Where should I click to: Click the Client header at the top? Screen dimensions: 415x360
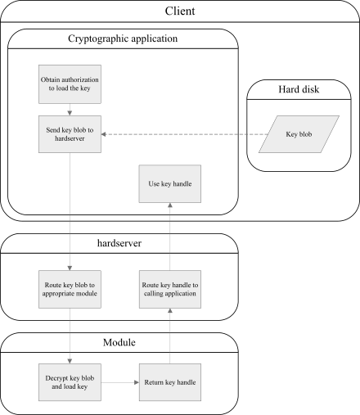pyautogui.click(x=179, y=11)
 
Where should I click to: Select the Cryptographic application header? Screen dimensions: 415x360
pyautogui.click(x=122, y=38)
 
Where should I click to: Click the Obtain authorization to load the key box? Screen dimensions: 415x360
pyautogui.click(x=70, y=84)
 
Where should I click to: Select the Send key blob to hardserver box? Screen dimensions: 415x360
pyautogui.click(x=70, y=133)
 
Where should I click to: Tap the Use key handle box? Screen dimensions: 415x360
pyautogui.click(x=170, y=184)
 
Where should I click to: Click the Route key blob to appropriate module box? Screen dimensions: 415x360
pyautogui.click(x=70, y=289)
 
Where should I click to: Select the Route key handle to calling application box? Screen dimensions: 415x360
pyautogui.click(x=170, y=289)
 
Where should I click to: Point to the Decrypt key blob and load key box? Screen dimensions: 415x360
pyautogui.click(x=70, y=382)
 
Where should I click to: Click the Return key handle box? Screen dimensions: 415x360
pyautogui.click(x=170, y=382)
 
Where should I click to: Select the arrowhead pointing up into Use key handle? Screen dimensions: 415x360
pyautogui.click(x=170, y=206)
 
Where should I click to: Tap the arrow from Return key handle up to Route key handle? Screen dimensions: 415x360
pyautogui.click(x=170, y=336)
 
